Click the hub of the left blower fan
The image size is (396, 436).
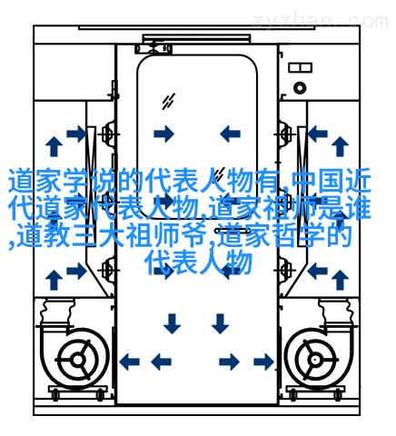tap(78, 360)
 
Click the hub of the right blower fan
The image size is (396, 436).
tap(315, 360)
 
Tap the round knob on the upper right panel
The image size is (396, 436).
tap(300, 88)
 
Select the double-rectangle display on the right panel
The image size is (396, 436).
tap(300, 67)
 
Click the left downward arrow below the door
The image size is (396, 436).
tap(172, 323)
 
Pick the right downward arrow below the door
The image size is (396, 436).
tap(220, 323)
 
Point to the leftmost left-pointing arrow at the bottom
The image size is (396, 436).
tap(129, 362)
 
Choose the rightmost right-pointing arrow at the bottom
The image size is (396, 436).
tap(263, 362)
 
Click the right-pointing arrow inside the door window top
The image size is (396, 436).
tap(163, 134)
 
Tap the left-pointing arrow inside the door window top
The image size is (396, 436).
tap(230, 134)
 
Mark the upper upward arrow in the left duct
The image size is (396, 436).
tap(54, 146)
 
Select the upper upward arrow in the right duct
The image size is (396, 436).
tap(340, 146)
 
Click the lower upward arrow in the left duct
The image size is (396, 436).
tap(54, 280)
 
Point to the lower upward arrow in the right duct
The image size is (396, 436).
tap(340, 280)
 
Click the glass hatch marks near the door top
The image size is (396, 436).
tap(168, 102)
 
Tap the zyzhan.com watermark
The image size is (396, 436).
tap(321, 21)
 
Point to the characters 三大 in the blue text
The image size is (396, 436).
tap(97, 235)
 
